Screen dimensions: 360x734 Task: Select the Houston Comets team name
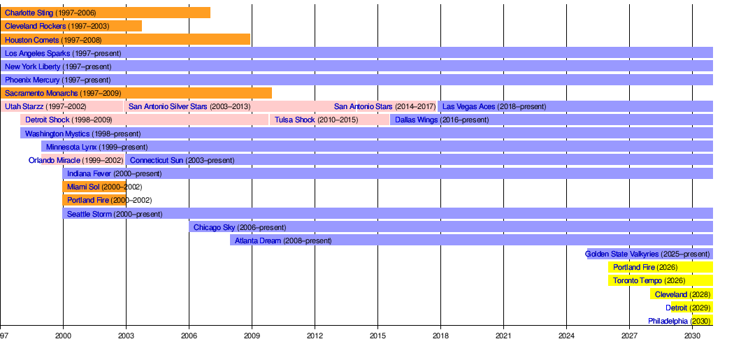(32, 40)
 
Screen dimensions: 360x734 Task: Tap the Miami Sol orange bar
(94, 187)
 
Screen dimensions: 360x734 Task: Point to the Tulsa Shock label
(294, 120)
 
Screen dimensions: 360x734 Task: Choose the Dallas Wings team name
(416, 120)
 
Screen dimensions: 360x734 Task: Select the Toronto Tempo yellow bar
(660, 280)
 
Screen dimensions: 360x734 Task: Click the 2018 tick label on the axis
(440, 336)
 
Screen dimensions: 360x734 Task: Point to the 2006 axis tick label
(189, 336)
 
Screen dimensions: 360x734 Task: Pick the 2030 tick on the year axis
(692, 336)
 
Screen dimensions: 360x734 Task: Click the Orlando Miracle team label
(55, 160)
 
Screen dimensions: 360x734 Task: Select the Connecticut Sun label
(157, 160)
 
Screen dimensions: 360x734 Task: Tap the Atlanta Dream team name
(258, 240)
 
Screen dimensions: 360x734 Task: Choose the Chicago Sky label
(215, 227)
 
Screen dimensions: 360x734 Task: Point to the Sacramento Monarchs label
(41, 93)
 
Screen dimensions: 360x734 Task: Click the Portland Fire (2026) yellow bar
(660, 267)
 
